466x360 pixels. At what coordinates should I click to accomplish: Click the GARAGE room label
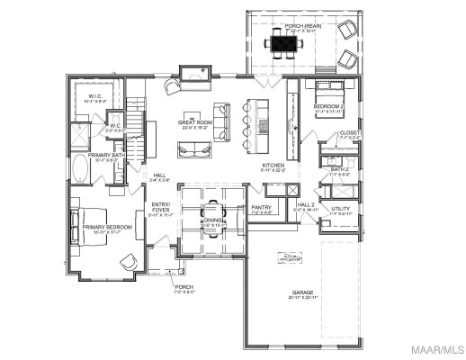(x=301, y=292)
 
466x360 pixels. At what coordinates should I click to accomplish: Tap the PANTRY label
(x=262, y=207)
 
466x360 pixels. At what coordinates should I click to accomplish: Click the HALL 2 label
(x=306, y=204)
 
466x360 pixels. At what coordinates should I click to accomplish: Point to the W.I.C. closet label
(x=95, y=96)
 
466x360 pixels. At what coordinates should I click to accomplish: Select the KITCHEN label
(x=273, y=166)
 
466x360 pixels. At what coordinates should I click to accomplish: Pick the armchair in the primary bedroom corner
(x=129, y=262)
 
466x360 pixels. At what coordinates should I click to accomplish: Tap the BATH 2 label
(x=339, y=169)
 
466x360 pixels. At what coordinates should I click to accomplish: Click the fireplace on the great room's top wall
(x=193, y=73)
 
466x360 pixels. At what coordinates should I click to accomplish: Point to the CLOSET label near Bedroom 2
(x=349, y=133)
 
